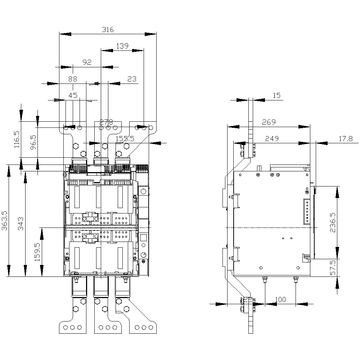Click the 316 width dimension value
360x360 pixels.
(108, 30)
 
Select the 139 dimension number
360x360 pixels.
(122, 46)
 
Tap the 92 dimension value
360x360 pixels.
(87, 62)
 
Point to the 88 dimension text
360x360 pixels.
(73, 78)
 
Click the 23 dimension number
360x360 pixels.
(132, 79)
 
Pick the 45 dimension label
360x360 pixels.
(73, 95)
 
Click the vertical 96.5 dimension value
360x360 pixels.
(33, 143)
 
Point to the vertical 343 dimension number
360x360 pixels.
(21, 224)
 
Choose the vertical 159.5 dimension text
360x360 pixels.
(37, 252)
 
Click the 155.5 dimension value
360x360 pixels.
(125, 138)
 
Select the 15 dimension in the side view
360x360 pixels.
(276, 95)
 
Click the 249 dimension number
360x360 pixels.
(272, 138)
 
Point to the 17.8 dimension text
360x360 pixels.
(346, 138)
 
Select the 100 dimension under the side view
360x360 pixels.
(280, 300)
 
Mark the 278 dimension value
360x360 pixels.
(107, 122)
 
